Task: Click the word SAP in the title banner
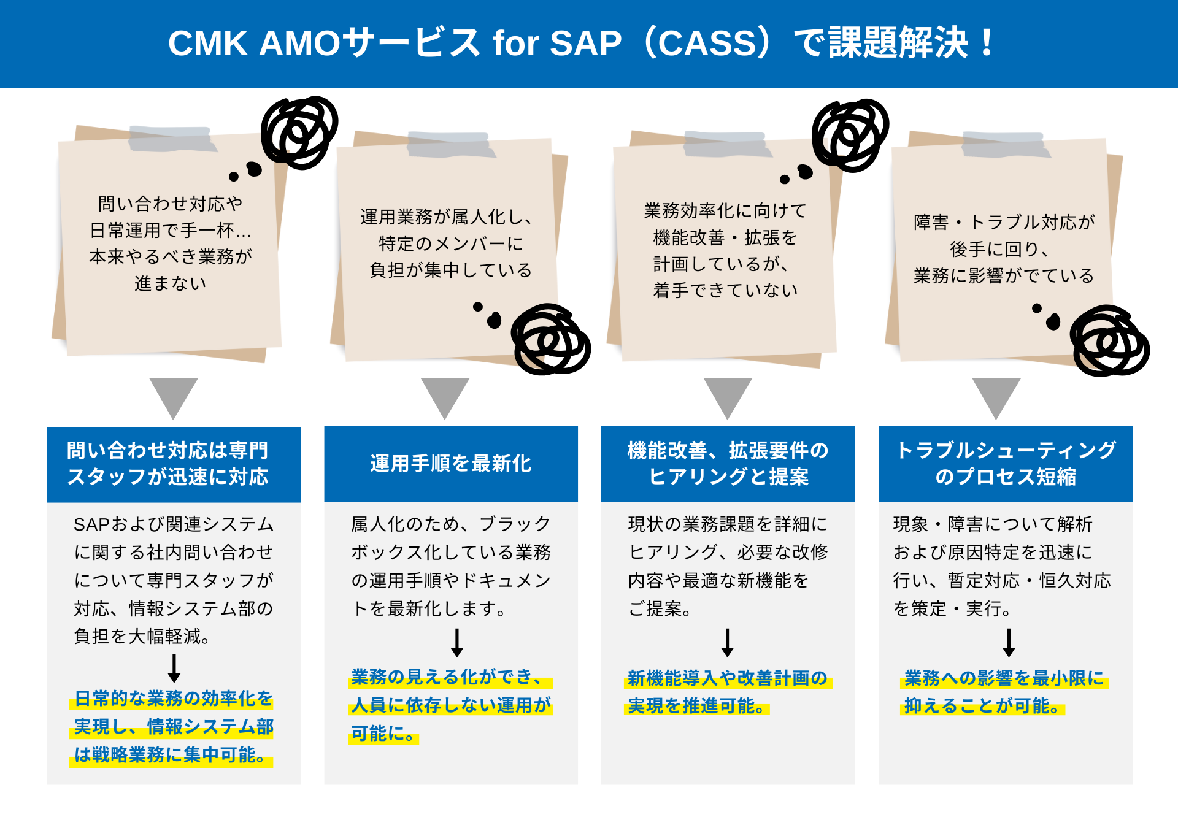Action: point(586,44)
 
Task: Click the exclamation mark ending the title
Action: point(987,43)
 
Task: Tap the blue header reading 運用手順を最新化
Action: point(451,464)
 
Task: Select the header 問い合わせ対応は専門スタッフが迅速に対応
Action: point(174,464)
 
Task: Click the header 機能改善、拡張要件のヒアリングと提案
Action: point(728,464)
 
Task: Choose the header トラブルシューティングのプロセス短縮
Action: point(1005,464)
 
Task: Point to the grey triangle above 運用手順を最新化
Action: point(445,396)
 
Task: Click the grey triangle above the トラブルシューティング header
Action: point(996,396)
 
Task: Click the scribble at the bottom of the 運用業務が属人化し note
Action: point(550,339)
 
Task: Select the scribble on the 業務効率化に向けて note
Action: point(850,135)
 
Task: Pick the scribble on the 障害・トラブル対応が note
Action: point(1109,341)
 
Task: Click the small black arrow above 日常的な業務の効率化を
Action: point(174,668)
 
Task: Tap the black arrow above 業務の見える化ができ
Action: point(457,642)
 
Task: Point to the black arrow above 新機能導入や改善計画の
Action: point(728,642)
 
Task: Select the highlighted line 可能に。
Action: point(384,734)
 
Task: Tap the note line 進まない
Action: point(171,283)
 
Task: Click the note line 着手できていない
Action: point(726,290)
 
